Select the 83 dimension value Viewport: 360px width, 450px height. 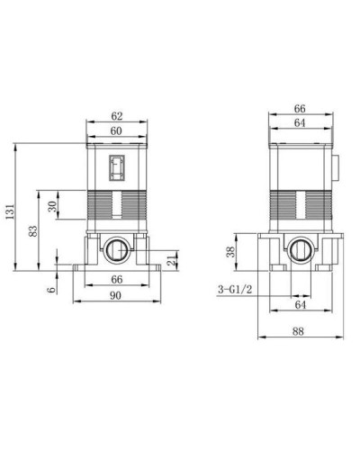33,230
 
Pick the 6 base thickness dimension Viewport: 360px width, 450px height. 51,288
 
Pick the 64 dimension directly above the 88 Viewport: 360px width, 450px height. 298,306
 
